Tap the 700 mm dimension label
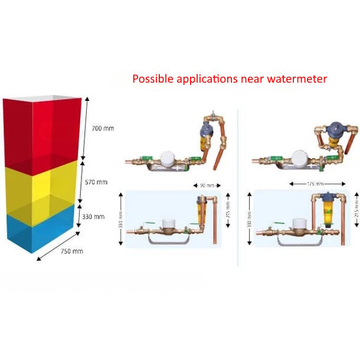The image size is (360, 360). (104, 128)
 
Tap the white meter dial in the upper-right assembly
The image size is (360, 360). (299, 157)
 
